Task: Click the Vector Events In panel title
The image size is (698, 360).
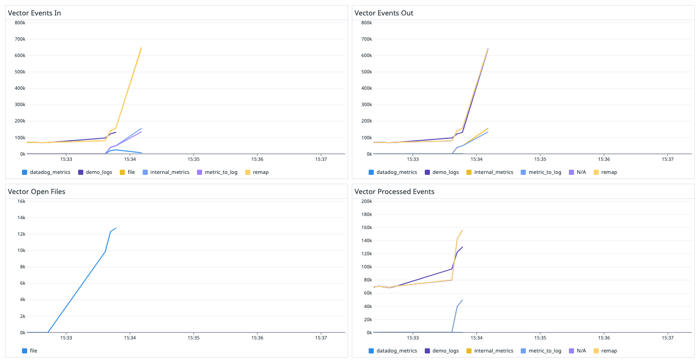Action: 35,13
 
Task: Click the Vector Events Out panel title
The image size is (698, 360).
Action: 384,13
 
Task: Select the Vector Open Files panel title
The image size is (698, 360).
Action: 36,192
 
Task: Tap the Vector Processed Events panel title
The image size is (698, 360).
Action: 394,192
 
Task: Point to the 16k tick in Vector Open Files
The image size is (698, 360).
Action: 21,202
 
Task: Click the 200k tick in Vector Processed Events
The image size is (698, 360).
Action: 365,202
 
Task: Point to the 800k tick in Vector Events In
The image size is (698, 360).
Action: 19,23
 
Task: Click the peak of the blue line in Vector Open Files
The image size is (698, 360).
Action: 116,228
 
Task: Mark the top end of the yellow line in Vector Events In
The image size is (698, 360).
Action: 141,47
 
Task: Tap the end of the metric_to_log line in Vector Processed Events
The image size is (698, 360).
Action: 462,300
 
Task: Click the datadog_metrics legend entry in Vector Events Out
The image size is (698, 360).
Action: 392,172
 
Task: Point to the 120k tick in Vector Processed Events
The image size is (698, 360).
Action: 365,254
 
